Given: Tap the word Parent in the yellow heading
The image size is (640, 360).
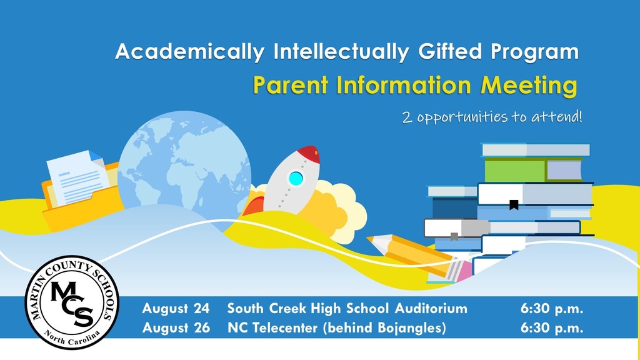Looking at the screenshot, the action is point(291,85).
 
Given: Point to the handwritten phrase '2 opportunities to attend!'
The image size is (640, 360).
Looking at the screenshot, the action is point(492,117).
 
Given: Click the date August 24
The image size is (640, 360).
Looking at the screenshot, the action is point(176,309).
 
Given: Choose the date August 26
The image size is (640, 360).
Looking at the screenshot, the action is point(176,327).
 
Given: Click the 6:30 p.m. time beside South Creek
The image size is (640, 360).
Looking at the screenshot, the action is point(552,309).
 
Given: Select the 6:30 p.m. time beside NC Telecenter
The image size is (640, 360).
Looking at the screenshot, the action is point(552,327).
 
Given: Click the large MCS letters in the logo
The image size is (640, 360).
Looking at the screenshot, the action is point(72,303).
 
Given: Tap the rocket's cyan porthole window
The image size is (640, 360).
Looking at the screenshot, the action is point(296,178).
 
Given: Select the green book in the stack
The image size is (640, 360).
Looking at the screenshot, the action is point(533,170).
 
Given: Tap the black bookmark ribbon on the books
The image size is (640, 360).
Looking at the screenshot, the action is point(514,205).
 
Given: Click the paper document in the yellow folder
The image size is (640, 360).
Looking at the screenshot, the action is point(77,177).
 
